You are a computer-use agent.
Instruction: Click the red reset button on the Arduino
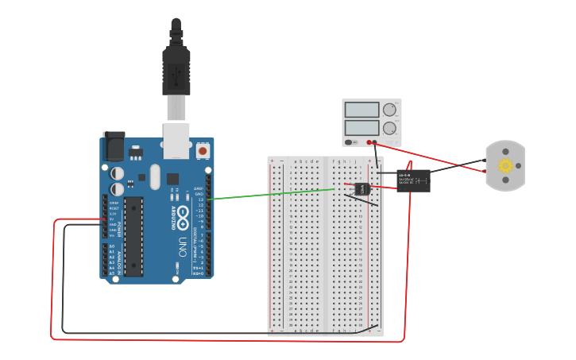[x=203, y=149]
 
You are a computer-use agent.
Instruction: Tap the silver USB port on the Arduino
[x=177, y=140]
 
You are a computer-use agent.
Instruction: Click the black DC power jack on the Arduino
[x=114, y=147]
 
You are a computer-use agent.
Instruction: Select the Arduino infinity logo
[x=181, y=214]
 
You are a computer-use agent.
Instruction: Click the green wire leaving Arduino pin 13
[x=270, y=193]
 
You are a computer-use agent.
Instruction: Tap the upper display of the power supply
[x=362, y=110]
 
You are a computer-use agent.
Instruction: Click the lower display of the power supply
[x=362, y=126]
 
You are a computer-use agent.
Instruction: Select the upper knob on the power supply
[x=389, y=110]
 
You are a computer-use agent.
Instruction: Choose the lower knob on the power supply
[x=389, y=127]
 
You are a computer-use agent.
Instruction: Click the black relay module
[x=413, y=180]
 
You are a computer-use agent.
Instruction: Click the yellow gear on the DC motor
[x=504, y=166]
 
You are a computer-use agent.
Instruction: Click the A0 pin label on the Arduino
[x=111, y=246]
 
